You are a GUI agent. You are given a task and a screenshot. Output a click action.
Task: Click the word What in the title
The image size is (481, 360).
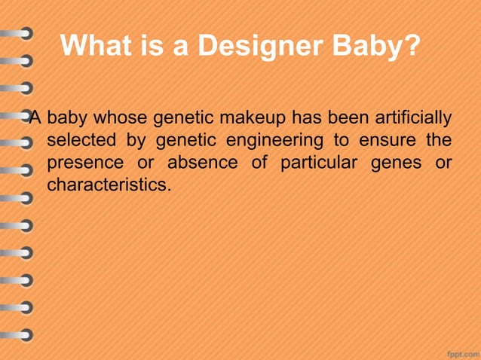(97, 46)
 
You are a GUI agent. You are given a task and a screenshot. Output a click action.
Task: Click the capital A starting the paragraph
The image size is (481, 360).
(35, 118)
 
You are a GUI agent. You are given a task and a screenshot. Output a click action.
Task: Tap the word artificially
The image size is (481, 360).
(413, 118)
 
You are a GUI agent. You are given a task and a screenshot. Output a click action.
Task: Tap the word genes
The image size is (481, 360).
(396, 163)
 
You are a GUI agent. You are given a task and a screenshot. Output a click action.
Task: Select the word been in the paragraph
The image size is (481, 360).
(342, 118)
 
